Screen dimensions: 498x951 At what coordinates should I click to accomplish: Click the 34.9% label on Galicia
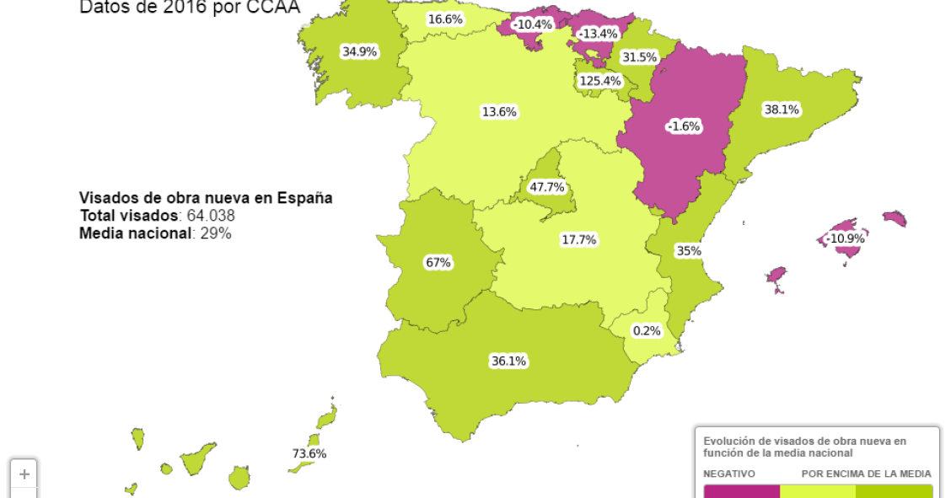(359, 51)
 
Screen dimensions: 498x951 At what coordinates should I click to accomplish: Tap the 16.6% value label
(444, 19)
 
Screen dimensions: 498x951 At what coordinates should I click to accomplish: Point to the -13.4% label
(598, 34)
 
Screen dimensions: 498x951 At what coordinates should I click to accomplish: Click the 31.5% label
(639, 57)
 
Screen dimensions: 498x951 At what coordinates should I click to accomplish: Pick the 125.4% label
(599, 81)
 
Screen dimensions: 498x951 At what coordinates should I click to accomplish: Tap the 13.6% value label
(499, 111)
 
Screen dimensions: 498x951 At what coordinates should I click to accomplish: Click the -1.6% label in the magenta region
(683, 126)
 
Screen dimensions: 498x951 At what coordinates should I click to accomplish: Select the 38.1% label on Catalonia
(782, 110)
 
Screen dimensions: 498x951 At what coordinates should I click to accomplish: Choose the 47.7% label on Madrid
(547, 187)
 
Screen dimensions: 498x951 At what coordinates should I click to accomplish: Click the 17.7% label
(578, 239)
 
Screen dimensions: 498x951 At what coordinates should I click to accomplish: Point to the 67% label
(438, 262)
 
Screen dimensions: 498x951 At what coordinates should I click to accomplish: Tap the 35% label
(688, 250)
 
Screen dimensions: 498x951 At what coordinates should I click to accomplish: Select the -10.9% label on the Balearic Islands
(845, 238)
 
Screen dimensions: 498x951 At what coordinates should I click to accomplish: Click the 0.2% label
(647, 330)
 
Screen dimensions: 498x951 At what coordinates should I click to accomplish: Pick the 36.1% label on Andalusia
(508, 361)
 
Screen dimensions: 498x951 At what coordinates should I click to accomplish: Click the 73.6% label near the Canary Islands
(309, 453)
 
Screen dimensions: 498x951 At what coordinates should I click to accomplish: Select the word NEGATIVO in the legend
(729, 474)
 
